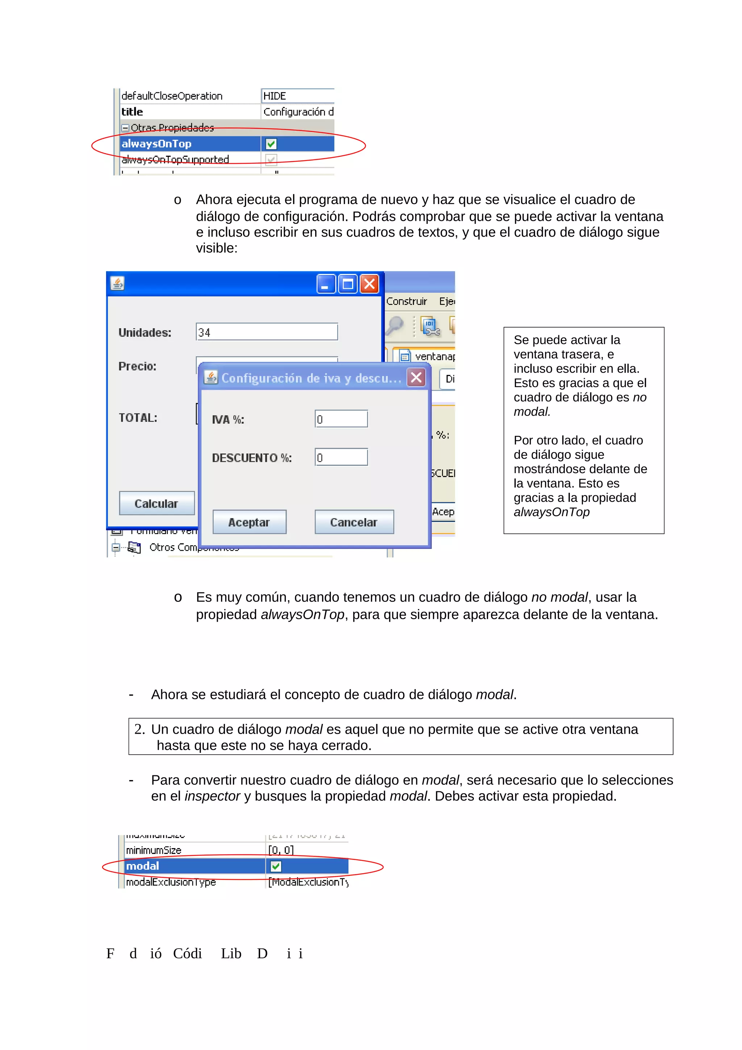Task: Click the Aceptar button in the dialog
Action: (249, 522)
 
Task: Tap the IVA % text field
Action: (341, 419)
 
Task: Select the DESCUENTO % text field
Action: (341, 457)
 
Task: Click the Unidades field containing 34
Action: (267, 332)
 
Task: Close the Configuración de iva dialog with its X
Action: (416, 378)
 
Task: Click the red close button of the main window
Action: (370, 284)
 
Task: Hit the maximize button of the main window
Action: (348, 284)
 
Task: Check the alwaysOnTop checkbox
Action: (271, 144)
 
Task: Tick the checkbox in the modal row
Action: (276, 866)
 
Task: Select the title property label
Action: (133, 112)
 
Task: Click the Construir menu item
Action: (407, 301)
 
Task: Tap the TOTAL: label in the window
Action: (138, 417)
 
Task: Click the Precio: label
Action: (137, 366)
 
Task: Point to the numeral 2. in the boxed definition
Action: (139, 729)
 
